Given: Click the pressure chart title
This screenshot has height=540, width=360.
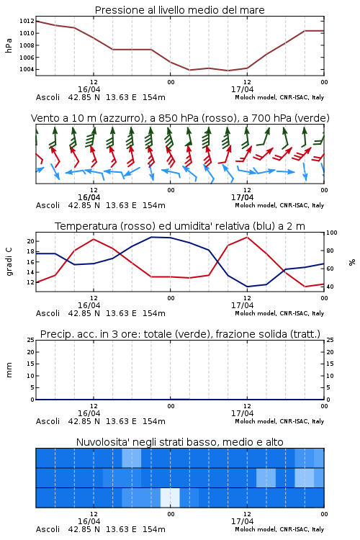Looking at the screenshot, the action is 179,10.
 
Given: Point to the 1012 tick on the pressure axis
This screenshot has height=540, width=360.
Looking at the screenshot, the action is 27,21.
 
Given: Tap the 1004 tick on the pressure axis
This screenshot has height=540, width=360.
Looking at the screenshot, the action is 27,69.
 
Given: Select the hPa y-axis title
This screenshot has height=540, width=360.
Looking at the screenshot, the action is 9,45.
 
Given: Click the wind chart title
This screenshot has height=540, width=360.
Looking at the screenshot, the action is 180,118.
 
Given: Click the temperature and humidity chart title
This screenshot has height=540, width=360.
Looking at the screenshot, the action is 180,226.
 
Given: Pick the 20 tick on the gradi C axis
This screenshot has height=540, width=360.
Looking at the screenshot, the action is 30,241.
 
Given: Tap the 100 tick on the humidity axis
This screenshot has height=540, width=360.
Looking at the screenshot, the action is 332,233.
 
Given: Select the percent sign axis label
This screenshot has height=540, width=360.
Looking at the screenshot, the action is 352,262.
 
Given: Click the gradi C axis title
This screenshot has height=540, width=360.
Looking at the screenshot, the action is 9,261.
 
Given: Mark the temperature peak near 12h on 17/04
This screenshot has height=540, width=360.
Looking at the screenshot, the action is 247,237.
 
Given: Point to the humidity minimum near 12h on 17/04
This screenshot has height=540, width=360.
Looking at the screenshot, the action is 247,287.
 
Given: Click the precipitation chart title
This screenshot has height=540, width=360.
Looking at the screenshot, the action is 180,334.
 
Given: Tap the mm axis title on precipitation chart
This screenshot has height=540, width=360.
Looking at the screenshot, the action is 9,370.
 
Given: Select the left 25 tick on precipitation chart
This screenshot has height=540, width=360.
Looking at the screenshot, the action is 31,340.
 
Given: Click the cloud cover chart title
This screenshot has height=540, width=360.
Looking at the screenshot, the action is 179,442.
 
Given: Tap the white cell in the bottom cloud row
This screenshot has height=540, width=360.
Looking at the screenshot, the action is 170,498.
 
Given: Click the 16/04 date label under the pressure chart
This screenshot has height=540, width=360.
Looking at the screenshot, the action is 89,89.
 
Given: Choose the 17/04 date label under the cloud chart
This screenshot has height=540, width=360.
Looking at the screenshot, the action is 242,521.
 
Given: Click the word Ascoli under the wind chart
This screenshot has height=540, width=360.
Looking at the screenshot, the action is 48,206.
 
